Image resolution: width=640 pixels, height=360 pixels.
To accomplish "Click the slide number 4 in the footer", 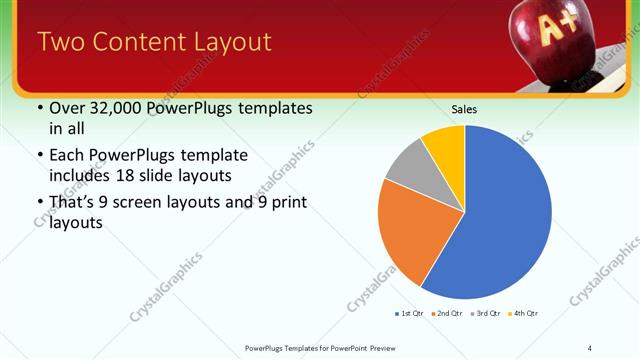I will click(590, 347).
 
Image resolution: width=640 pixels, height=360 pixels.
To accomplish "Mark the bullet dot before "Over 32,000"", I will click(39, 109).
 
